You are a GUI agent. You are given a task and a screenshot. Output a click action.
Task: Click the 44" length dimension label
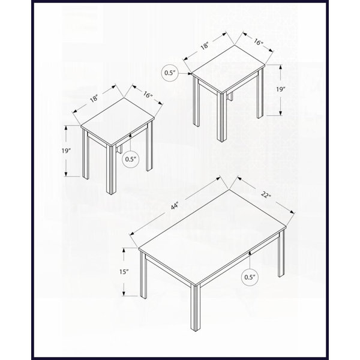tap(175, 206)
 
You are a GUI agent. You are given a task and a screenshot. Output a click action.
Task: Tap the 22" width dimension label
tap(266, 195)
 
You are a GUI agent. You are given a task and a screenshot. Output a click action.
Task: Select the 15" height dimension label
tap(124, 272)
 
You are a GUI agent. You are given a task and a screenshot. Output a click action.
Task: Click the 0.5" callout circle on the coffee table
tap(250, 277)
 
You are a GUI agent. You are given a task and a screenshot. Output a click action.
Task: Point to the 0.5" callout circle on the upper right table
tap(170, 73)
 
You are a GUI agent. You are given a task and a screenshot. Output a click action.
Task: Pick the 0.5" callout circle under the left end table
tap(131, 159)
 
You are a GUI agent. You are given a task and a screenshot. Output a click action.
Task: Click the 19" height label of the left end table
tap(66, 151)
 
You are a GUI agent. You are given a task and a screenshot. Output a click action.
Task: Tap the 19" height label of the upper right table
tap(281, 89)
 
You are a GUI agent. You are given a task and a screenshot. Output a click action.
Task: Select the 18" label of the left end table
tap(94, 98)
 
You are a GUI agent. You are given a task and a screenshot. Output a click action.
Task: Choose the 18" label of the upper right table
tap(205, 46)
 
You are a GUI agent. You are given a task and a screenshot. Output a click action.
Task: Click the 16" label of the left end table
tap(148, 94)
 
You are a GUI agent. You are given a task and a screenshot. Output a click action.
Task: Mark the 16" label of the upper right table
tap(258, 42)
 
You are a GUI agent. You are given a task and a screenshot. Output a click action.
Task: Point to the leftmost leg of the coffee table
tap(143, 275)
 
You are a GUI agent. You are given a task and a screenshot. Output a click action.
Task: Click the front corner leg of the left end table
tap(112, 170)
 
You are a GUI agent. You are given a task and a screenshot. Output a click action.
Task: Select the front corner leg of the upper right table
tap(221, 118)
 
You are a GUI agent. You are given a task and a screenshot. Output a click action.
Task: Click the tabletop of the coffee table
tap(212, 238)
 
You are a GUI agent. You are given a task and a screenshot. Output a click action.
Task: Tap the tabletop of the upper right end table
tap(228, 70)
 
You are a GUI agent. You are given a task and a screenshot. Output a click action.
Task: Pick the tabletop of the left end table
tap(118, 122)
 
